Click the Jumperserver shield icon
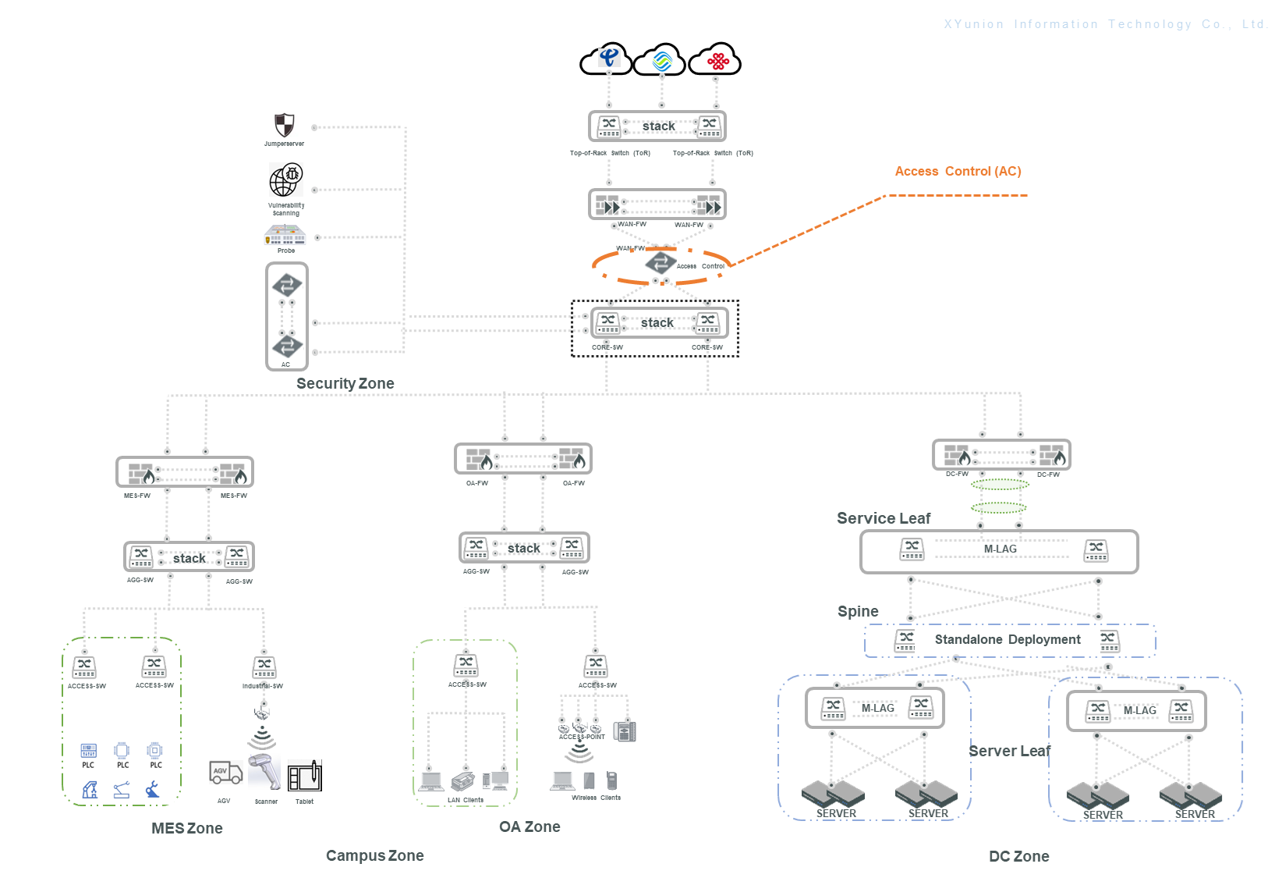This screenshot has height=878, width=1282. [x=285, y=125]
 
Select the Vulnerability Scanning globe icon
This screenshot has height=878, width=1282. [x=285, y=180]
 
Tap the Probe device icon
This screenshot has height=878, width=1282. [x=285, y=235]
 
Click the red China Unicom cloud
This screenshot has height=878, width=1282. [x=717, y=60]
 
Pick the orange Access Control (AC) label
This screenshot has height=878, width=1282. [x=958, y=171]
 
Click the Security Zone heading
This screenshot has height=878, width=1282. [x=345, y=383]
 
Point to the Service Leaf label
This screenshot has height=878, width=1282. [x=884, y=518]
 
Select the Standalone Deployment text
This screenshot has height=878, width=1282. [x=1008, y=639]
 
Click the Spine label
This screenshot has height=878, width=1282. [x=858, y=611]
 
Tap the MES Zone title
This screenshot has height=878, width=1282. [x=187, y=828]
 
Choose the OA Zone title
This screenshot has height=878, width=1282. [x=529, y=826]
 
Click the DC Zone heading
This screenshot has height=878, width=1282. [x=1018, y=856]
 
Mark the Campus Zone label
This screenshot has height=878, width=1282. [x=374, y=855]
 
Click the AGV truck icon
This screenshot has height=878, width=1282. [x=225, y=773]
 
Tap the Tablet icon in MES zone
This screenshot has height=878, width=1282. [x=305, y=776]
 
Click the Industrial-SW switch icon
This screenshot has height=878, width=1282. [x=264, y=667]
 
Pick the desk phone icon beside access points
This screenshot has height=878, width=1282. [x=625, y=731]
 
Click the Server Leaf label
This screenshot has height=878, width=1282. [x=1009, y=751]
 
